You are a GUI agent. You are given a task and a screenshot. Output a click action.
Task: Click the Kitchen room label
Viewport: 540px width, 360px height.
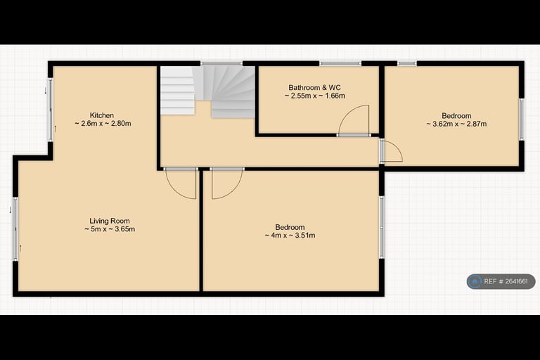[102, 115]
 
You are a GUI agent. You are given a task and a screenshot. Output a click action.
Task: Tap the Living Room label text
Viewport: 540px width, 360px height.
[109, 221]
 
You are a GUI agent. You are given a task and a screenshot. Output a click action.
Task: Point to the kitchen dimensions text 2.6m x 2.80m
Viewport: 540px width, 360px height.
[103, 124]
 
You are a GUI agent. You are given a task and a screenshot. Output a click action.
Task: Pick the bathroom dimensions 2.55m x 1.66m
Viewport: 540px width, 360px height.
[315, 96]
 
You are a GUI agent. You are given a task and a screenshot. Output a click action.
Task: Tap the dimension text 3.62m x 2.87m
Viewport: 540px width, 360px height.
[456, 124]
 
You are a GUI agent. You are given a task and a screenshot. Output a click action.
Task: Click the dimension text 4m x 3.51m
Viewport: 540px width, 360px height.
[290, 236]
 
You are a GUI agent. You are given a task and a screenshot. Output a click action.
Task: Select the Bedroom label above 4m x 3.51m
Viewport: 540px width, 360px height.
[290, 227]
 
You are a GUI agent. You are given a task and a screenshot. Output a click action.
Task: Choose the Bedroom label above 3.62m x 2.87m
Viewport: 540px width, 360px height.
[456, 116]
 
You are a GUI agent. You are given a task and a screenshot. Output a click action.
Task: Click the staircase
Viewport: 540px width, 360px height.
[207, 91]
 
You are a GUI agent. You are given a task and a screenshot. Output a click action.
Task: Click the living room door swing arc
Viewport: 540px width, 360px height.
[181, 184]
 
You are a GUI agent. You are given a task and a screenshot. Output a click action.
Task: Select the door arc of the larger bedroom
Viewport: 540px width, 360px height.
[226, 184]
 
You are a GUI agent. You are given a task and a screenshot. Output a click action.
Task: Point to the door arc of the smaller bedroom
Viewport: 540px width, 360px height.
[392, 152]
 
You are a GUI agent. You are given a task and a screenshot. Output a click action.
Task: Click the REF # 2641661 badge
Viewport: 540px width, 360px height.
[501, 281]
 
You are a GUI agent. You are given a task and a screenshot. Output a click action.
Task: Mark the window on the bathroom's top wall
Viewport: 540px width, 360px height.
[340, 64]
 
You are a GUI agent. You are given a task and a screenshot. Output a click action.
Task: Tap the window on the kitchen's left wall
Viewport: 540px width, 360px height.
[51, 109]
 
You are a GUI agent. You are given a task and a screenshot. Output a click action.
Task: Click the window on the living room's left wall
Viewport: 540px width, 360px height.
[15, 229]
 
